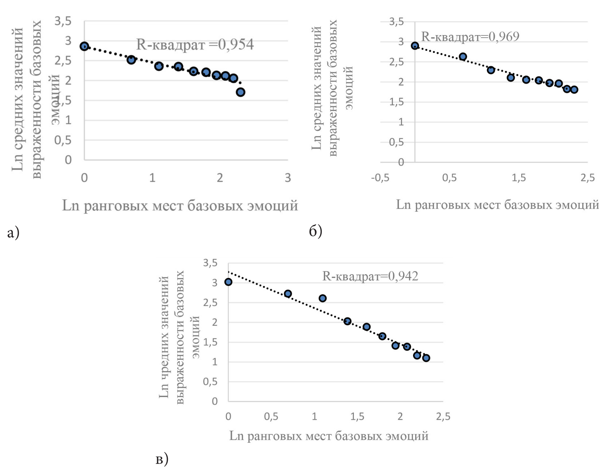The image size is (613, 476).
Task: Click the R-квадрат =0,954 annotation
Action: coord(194,44)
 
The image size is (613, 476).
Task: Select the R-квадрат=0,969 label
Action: coord(470,37)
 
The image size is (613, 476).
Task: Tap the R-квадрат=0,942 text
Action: coord(370,276)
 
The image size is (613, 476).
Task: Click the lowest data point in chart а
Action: coord(240,92)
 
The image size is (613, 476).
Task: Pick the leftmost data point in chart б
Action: coord(415,46)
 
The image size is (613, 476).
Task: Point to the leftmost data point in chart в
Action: coord(228,282)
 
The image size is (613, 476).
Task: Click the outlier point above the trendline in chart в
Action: coord(322,298)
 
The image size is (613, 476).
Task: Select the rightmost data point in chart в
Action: coord(426,358)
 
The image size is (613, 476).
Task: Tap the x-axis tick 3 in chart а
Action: coord(288,178)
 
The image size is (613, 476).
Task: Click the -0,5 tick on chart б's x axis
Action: coord(380,178)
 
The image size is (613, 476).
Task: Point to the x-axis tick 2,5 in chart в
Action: coord(443,417)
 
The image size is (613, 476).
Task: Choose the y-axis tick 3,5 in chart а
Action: coord(63,21)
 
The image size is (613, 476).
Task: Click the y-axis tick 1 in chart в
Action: coord(215,362)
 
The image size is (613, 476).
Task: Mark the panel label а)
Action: coord(13,232)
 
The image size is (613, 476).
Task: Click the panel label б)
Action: coord(315,231)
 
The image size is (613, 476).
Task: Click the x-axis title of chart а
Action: coord(180,206)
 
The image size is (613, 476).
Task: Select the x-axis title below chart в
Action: coord(329,436)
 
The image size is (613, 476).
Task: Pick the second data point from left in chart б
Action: coord(463,57)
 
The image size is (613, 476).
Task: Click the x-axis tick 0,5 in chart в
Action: coord(271,417)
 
